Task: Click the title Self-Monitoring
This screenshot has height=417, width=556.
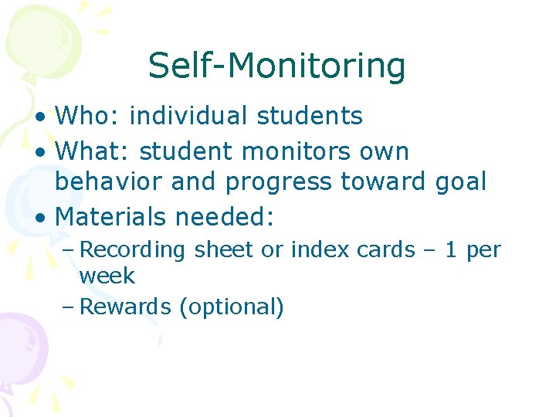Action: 276,66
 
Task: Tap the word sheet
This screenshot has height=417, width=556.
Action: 221,250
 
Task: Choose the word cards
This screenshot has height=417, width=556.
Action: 382,250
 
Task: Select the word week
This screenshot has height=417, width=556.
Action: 107,276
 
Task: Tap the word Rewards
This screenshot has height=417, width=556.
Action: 126,307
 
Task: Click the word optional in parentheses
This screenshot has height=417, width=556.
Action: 231,307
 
